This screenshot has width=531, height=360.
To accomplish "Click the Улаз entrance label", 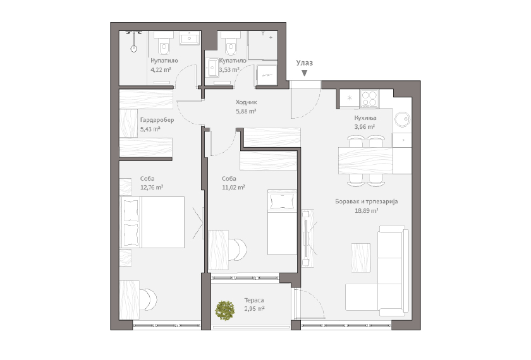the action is click(x=305, y=63).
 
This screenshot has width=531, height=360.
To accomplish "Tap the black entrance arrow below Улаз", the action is click(x=305, y=73).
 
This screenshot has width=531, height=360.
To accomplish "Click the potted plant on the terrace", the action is click(x=225, y=310).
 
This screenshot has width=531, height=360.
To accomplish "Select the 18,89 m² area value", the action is click(x=366, y=210).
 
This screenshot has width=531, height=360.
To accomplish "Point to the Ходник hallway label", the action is click(x=246, y=102).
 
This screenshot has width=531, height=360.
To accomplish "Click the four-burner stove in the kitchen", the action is click(x=369, y=99).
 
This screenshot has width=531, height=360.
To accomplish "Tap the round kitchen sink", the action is click(x=403, y=119).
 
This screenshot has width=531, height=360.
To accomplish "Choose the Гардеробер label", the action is click(x=157, y=120).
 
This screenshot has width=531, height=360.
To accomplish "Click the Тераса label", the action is click(x=254, y=300).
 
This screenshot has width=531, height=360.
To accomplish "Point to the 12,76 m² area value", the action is click(x=152, y=188).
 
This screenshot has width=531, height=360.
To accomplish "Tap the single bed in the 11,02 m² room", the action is click(x=282, y=222).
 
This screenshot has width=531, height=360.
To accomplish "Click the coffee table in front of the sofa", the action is click(x=361, y=258).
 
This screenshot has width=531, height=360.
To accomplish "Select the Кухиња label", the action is click(x=365, y=118).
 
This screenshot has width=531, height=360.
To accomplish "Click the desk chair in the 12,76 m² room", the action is click(x=150, y=299).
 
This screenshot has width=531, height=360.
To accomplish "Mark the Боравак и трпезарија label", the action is click(x=367, y=201).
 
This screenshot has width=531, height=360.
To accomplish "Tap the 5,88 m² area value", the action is click(x=246, y=111).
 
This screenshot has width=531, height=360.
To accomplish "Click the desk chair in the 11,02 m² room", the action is click(x=238, y=249).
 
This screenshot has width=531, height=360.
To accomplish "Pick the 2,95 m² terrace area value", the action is click(x=254, y=309).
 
